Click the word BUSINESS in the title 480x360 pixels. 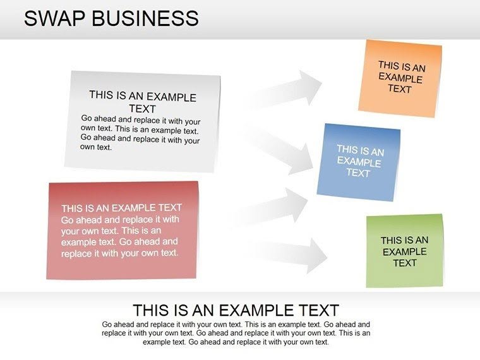145,18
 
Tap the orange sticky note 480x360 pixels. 400,78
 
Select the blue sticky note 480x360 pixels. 358,162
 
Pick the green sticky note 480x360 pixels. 404,251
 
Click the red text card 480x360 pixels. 123,230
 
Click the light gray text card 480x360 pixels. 143,121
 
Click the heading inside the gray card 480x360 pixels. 143,102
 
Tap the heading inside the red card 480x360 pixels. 121,207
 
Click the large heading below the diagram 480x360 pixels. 236,310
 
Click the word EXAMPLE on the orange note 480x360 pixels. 400,78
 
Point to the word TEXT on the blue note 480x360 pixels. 357,172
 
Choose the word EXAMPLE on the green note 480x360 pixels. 405,251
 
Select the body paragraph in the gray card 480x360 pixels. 140,133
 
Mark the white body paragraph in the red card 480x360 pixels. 120,236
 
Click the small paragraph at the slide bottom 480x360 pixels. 236,333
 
